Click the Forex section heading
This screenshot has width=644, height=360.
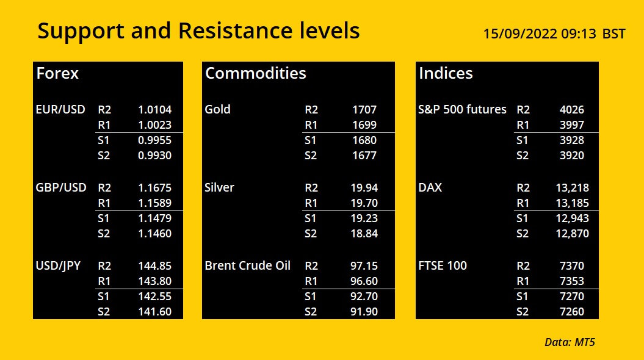pyautogui.click(x=57, y=73)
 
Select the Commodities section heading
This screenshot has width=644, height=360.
pyautogui.click(x=256, y=73)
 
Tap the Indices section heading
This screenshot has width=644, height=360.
pyautogui.click(x=446, y=73)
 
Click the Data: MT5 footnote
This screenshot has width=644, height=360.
pyautogui.click(x=570, y=342)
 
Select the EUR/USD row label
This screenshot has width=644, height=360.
pyautogui.click(x=60, y=110)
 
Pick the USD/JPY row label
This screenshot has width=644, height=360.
pyautogui.click(x=58, y=266)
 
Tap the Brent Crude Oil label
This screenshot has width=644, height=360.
pyautogui.click(x=247, y=265)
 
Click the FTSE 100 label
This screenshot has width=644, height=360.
pyautogui.click(x=443, y=265)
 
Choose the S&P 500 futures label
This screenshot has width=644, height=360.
pyautogui.click(x=462, y=109)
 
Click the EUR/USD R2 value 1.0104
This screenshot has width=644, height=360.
pyautogui.click(x=154, y=110)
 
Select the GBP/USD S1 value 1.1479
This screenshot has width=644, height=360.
pyautogui.click(x=154, y=218)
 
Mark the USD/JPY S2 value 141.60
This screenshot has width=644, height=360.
pyautogui.click(x=154, y=312)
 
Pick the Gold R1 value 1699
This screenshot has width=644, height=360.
pyautogui.click(x=364, y=125)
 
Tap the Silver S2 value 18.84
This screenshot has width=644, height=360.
pyautogui.click(x=364, y=234)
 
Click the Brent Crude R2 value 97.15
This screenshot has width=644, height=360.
pyautogui.click(x=364, y=265)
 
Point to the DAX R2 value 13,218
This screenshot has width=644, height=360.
pyautogui.click(x=572, y=187)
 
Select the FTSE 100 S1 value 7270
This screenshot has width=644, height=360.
pyautogui.click(x=572, y=296)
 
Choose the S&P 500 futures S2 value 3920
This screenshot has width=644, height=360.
pyautogui.click(x=572, y=155)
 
